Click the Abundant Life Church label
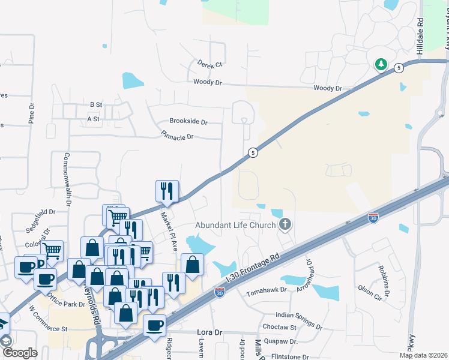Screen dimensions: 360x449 tap(236, 226)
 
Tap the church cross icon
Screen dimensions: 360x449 tap(285, 225)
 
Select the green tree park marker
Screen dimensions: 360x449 tap(381, 64)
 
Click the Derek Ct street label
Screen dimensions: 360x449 tap(209, 64)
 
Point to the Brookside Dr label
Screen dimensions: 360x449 tap(188, 121)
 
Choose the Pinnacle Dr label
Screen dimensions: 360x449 tap(177, 137)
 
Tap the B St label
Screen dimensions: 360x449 tap(96, 104)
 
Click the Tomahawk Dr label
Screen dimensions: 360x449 tap(268, 293)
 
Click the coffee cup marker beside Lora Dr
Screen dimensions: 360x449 tap(155, 326)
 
